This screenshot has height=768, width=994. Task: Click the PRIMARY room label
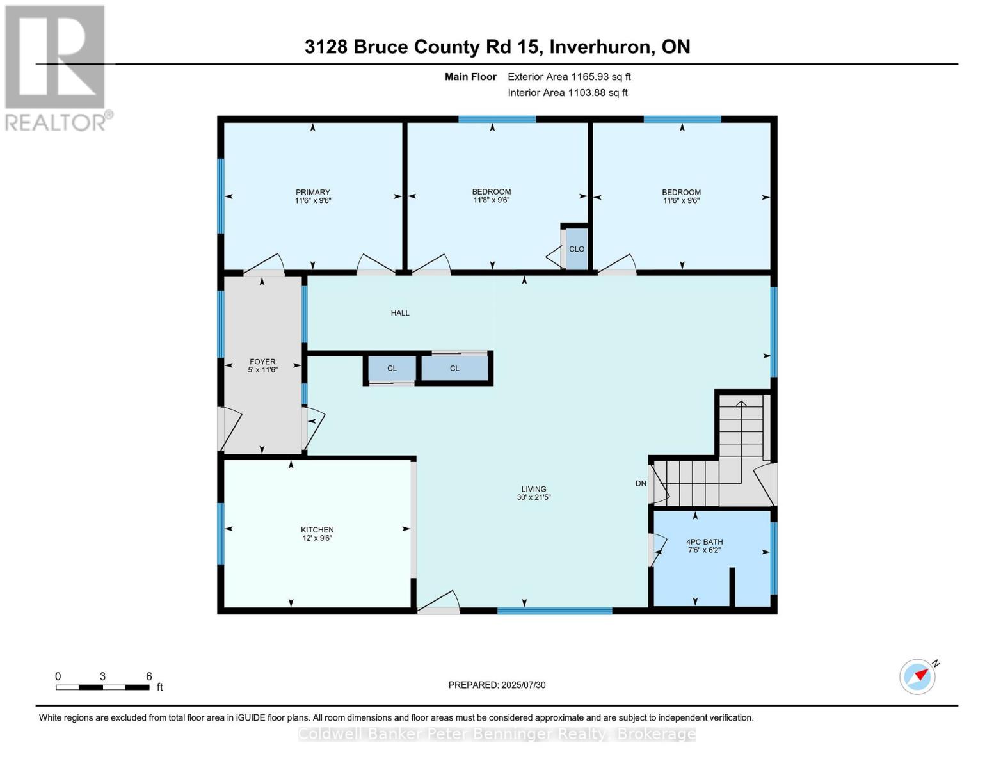pyautogui.click(x=312, y=192)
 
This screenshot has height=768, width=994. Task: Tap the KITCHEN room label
pyautogui.click(x=317, y=529)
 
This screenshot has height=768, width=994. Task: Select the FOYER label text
pyautogui.click(x=262, y=362)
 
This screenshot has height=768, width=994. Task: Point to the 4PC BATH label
pyautogui.click(x=704, y=541)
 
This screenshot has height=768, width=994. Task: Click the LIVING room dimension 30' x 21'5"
pyautogui.click(x=534, y=497)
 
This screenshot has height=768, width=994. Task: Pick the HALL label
pyautogui.click(x=400, y=313)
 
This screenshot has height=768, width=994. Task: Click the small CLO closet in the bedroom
pyautogui.click(x=576, y=249)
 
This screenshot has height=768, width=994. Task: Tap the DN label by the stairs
pyautogui.click(x=641, y=483)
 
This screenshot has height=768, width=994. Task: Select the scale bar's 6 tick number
pyautogui.click(x=149, y=676)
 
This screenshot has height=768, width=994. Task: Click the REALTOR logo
pyautogui.click(x=56, y=67)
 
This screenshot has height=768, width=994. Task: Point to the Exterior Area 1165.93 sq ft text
pyautogui.click(x=569, y=77)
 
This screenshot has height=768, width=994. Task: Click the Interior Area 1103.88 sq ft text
pyautogui.click(x=567, y=93)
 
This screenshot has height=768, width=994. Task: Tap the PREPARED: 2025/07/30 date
pyautogui.click(x=497, y=685)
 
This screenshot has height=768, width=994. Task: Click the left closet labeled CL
pyautogui.click(x=392, y=369)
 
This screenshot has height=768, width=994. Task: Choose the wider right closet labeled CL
pyautogui.click(x=454, y=369)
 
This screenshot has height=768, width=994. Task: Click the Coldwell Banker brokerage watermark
pyautogui.click(x=497, y=734)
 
